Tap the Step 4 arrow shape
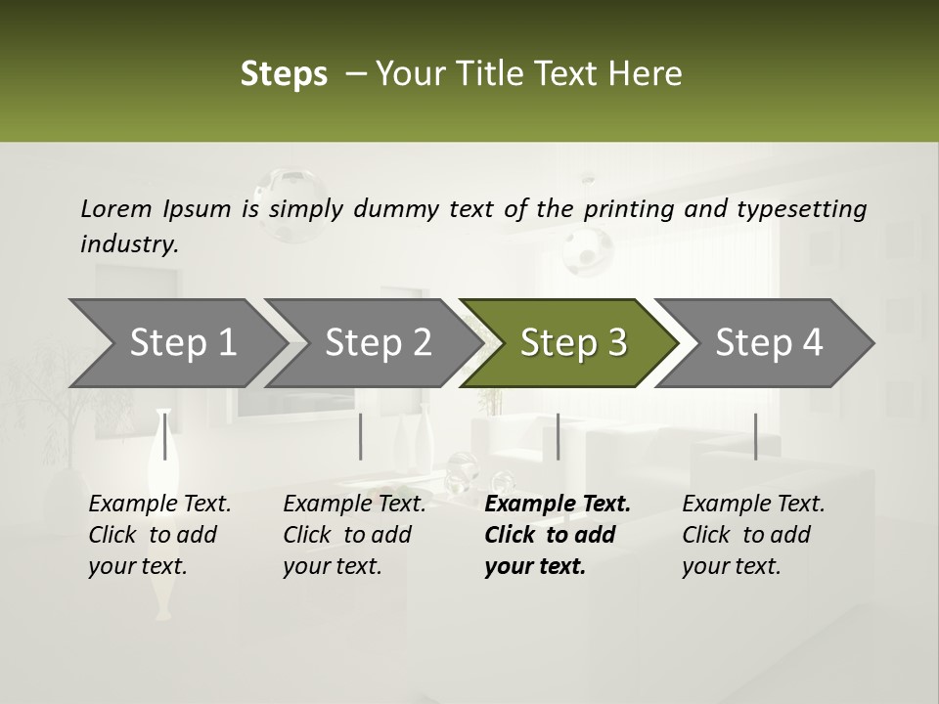pyautogui.click(x=767, y=343)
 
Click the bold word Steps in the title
pyautogui.click(x=284, y=74)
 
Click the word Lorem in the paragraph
pyautogui.click(x=115, y=208)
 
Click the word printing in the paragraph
pyautogui.click(x=624, y=208)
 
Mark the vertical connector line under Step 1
pyautogui.click(x=165, y=436)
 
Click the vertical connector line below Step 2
pyautogui.click(x=361, y=436)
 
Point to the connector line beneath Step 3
pyautogui.click(x=558, y=436)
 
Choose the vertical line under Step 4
pyautogui.click(x=755, y=436)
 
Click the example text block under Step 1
pyautogui.click(x=158, y=535)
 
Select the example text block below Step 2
pyautogui.click(x=353, y=535)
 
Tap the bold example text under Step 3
pyautogui.click(x=557, y=535)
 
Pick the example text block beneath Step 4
pyautogui.click(x=752, y=535)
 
